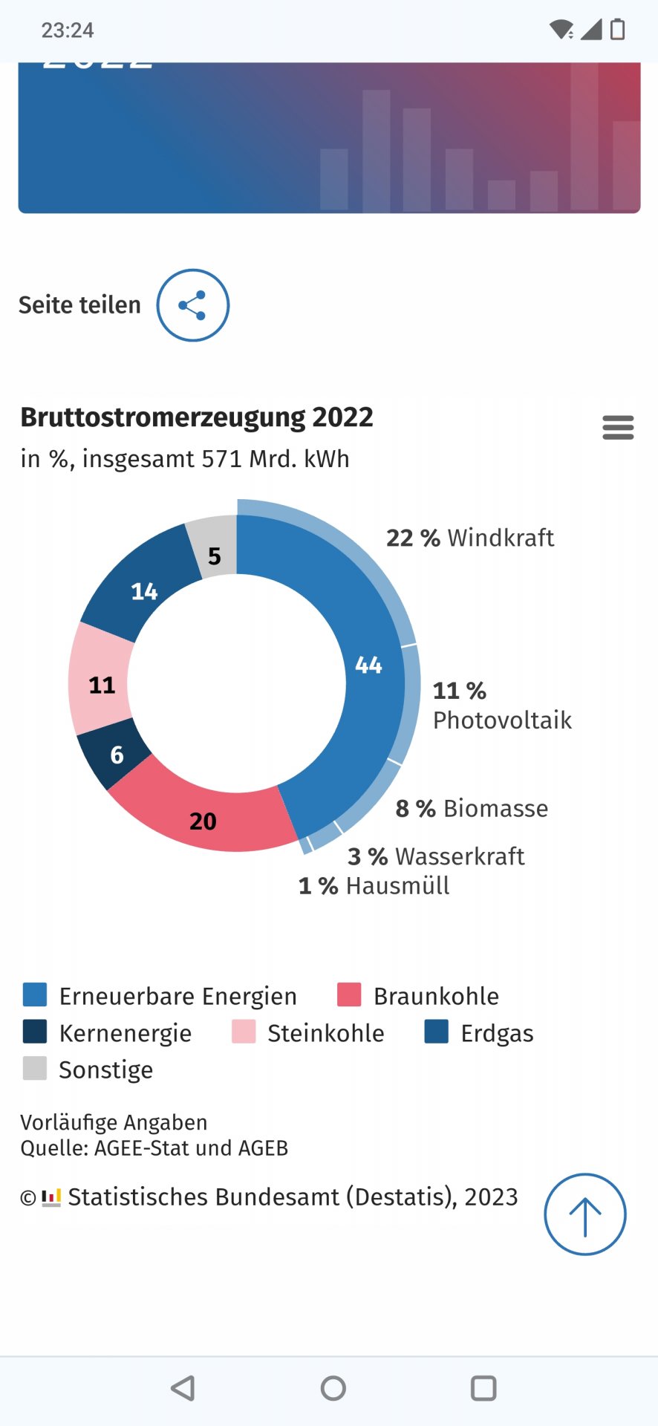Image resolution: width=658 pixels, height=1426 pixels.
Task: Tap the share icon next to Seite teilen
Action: point(192,305)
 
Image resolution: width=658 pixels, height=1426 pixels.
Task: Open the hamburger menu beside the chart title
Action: point(618,428)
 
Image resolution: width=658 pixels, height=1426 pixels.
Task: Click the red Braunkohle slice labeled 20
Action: point(203,821)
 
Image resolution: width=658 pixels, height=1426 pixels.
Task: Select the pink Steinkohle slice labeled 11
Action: point(102,685)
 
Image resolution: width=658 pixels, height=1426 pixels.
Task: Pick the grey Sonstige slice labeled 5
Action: point(214,554)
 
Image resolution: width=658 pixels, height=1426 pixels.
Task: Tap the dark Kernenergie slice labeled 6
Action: point(117,755)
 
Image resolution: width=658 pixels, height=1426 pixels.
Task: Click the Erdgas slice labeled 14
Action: point(144,591)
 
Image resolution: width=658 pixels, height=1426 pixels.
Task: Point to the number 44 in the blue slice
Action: point(368,665)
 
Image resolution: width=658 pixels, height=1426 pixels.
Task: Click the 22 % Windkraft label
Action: point(469,538)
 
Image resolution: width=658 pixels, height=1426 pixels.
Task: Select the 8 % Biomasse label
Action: point(472,808)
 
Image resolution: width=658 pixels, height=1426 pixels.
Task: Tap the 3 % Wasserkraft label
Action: point(436,856)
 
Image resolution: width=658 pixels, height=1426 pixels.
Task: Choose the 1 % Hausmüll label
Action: point(374,885)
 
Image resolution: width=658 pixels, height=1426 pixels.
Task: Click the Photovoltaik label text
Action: point(502,720)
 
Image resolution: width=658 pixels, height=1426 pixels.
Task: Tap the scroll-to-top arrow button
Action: point(584,1214)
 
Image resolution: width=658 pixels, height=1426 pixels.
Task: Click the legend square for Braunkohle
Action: point(349,994)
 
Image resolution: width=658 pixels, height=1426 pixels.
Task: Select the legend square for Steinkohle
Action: point(244,1032)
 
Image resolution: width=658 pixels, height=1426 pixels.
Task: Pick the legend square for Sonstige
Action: point(35,1068)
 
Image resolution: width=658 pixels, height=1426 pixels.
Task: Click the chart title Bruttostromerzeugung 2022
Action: point(197,417)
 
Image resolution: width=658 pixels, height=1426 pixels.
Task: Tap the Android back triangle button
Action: point(183,1388)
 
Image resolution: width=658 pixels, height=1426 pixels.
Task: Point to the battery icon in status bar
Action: point(617,30)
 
